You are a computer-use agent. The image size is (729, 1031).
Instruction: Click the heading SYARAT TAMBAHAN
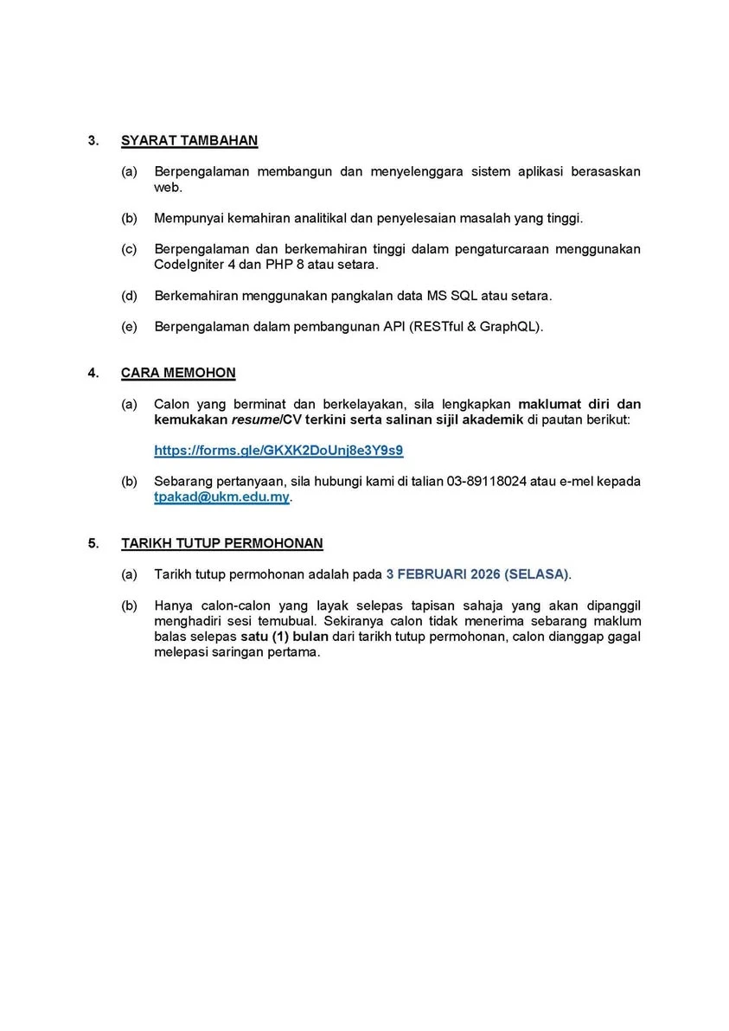tap(189, 141)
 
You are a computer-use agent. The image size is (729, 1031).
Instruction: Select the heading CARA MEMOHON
tap(178, 373)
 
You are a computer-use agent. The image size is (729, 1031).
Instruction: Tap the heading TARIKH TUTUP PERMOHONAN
tap(222, 543)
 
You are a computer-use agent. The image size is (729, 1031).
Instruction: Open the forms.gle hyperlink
tap(278, 451)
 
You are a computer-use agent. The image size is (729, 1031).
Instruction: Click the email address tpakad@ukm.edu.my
tap(222, 498)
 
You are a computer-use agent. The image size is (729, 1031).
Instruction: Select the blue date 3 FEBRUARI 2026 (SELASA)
tap(478, 573)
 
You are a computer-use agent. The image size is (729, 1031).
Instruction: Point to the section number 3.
tap(93, 141)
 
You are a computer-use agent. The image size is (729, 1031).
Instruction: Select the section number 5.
tap(93, 543)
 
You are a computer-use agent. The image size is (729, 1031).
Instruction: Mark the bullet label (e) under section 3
tap(129, 327)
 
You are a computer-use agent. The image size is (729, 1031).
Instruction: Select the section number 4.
tap(93, 373)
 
